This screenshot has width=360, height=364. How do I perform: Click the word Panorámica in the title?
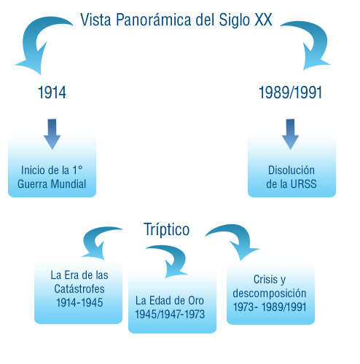pyautogui.click(x=154, y=20)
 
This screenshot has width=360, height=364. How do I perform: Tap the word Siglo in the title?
pyautogui.click(x=234, y=20)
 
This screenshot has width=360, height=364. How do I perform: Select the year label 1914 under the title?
pyautogui.click(x=52, y=92)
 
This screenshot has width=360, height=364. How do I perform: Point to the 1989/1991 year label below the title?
pyautogui.click(x=291, y=92)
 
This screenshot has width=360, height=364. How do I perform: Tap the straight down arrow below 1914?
pyautogui.click(x=52, y=134)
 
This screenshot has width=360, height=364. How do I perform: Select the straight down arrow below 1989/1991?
pyautogui.click(x=290, y=134)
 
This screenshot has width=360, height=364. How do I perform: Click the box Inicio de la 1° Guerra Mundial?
pyautogui.click(x=52, y=166)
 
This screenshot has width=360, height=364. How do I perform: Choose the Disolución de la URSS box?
pyautogui.click(x=291, y=166)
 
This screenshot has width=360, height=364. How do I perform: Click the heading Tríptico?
pyautogui.click(x=167, y=229)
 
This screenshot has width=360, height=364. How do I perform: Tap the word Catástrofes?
pyautogui.click(x=79, y=289)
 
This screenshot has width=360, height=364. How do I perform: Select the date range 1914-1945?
pyautogui.click(x=79, y=302)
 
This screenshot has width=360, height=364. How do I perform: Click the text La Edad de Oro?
pyautogui.click(x=170, y=301)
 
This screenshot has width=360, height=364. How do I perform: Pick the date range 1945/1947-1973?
pyautogui.click(x=170, y=314)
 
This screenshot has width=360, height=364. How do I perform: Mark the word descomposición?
pyautogui.click(x=270, y=293)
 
